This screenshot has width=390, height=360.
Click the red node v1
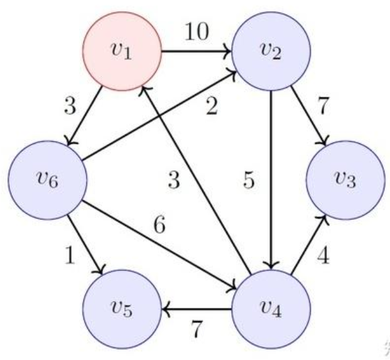point(123,52)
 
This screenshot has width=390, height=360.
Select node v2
point(271,52)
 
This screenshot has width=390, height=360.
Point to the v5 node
point(123,309)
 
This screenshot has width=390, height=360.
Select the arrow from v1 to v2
point(197,52)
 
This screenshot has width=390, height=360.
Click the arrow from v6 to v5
point(85,244)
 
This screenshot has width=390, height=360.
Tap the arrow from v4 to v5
point(197,309)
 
